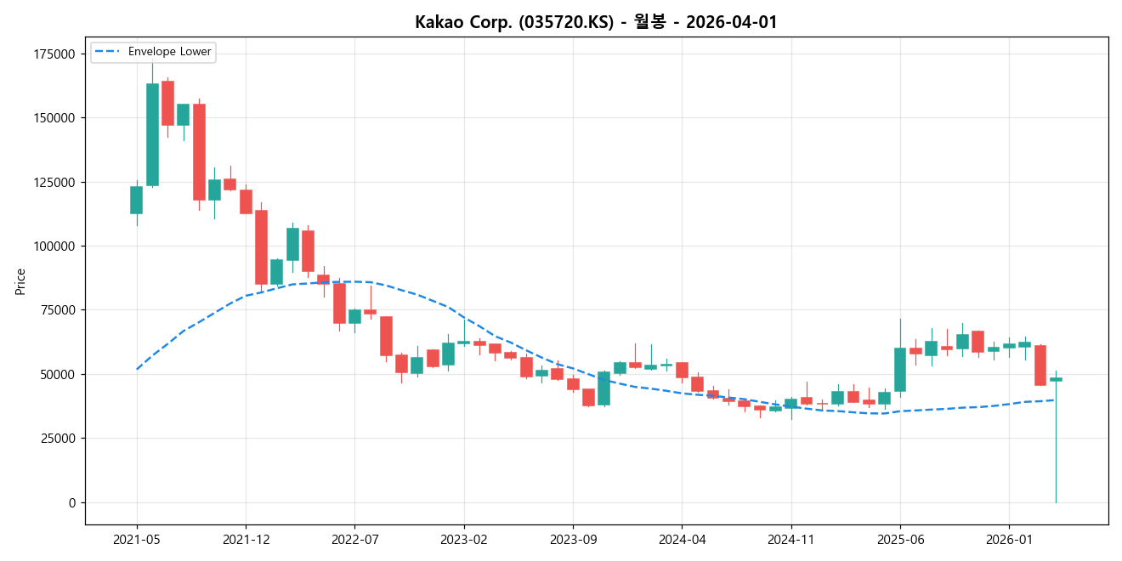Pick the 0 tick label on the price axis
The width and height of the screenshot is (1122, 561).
(71, 503)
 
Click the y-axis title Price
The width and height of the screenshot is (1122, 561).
(20, 281)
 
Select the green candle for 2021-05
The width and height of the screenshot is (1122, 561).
(136, 200)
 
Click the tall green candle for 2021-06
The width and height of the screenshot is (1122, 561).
(152, 134)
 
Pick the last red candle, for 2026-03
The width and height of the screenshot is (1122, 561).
(1040, 365)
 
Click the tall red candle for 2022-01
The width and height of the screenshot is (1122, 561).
(261, 247)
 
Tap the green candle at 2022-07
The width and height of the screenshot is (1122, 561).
(354, 316)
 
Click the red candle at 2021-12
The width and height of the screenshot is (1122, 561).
(246, 201)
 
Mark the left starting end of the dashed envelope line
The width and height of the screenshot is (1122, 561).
(137, 369)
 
